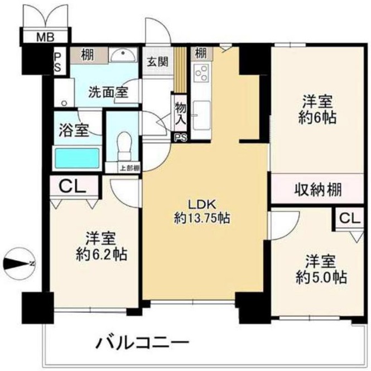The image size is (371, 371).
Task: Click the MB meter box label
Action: pos(45,37)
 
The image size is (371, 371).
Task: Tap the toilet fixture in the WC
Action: pos(124,146)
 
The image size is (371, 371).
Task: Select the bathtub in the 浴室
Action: pos(77,158)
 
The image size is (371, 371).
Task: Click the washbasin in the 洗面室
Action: pos(123,55)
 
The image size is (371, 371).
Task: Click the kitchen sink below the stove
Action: pos(201,115)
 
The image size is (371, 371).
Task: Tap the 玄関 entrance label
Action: pos(157,61)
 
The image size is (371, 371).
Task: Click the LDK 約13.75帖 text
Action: pos(201,211)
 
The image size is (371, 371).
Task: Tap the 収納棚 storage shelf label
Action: pos(318,189)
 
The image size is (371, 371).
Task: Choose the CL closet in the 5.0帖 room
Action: pos(349,218)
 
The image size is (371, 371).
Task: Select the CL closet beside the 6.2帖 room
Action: pos(72,187)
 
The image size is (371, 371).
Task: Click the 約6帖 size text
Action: pos(317,118)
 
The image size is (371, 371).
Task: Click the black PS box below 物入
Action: pos(181,138)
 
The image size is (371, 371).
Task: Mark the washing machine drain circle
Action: pos(64,103)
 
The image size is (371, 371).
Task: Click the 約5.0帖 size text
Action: pos(321,277)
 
